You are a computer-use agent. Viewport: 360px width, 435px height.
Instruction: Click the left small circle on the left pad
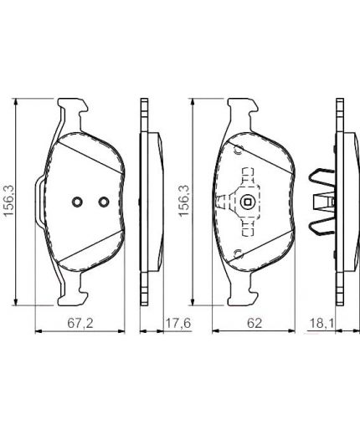75,202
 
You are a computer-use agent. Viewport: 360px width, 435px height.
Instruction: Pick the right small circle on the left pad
103,202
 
